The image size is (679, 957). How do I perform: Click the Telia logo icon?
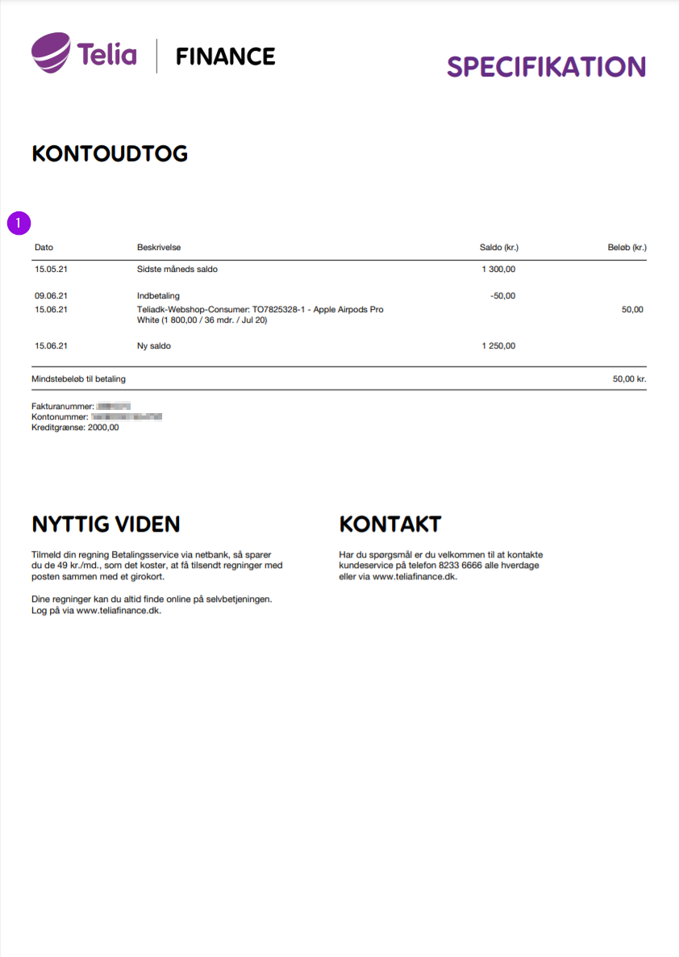point(52,52)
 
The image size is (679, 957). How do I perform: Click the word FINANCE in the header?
point(226,56)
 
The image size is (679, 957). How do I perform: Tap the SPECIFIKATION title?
point(546,66)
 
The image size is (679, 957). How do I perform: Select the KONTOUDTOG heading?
point(110,153)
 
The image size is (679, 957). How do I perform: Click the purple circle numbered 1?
point(19,223)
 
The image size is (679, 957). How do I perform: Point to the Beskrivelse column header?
point(159,247)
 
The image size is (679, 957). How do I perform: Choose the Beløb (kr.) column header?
point(627,247)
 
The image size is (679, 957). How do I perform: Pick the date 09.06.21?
point(51,295)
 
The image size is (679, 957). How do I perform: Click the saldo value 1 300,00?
point(498,270)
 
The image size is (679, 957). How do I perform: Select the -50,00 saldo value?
point(502,295)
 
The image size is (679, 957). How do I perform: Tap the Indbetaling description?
point(158,295)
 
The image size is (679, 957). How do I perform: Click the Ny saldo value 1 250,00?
point(498,345)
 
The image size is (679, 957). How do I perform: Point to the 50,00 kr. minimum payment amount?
point(629,378)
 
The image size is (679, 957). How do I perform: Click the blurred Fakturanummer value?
point(114,406)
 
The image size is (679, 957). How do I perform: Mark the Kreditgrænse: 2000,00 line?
point(75,428)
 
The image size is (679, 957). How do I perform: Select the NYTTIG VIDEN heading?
point(106,524)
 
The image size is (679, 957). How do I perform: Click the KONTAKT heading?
point(390,524)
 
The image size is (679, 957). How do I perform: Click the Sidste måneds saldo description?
point(177,270)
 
